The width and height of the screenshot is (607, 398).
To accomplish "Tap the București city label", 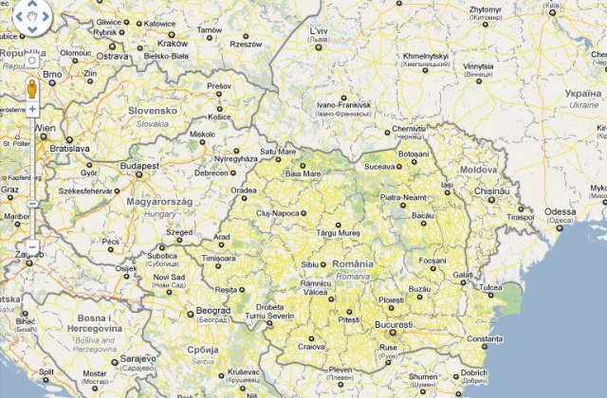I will [x=394, y=325].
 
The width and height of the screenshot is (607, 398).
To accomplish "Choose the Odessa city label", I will [x=560, y=210].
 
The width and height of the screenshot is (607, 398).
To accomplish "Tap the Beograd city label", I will [x=212, y=310].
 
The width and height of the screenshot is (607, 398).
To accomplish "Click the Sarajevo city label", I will [x=137, y=360].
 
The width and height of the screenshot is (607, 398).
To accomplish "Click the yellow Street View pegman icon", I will [x=31, y=89].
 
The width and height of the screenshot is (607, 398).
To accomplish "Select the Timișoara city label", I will [x=218, y=258].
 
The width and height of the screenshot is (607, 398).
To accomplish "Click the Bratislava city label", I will [x=69, y=149].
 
